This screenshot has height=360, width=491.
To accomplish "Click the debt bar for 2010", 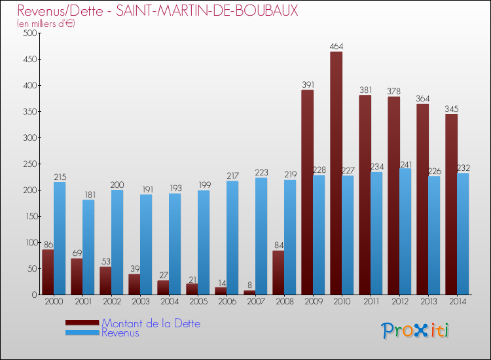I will tap(336, 173).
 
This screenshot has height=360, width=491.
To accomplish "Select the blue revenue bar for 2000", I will tap(60, 238).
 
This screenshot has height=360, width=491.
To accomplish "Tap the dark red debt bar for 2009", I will tap(307, 192).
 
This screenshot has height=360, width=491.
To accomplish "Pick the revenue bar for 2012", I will tap(405, 232).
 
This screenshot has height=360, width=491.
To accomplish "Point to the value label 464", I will tap(336, 46).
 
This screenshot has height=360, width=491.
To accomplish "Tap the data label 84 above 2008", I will tap(278, 245).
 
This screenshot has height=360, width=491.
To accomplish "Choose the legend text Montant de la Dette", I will tap(151, 323).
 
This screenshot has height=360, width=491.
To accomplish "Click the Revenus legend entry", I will tap(120, 333).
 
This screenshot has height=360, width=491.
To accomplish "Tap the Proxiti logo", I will tap(415, 331).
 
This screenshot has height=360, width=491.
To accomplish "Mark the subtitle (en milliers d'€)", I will tap(46, 24).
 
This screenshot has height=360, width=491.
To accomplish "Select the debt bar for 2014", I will tap(451, 204).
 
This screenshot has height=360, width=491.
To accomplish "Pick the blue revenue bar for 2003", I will tap(146, 245).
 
